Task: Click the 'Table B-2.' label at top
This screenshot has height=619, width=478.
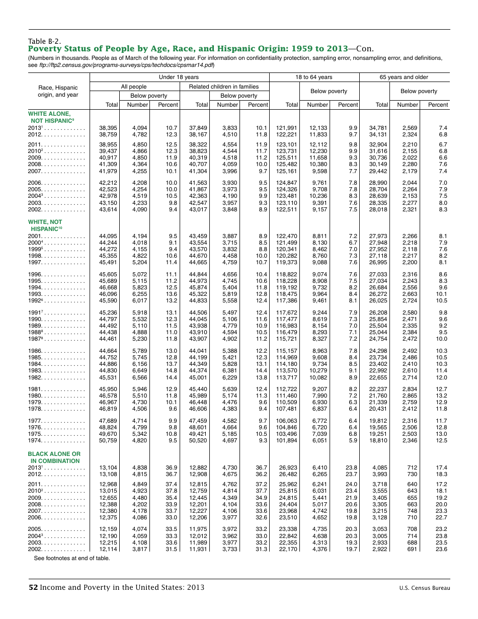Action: (45, 41)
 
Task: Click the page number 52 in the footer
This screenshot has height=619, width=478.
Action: (33, 587)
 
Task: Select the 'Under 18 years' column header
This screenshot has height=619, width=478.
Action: (179, 77)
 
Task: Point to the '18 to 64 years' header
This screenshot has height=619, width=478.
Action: (313, 77)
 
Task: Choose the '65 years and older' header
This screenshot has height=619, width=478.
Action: (404, 77)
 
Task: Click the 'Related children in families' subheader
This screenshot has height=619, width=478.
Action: (223, 87)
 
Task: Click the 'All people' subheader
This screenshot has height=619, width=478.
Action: (134, 87)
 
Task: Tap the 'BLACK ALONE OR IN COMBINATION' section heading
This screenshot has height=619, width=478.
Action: (54, 457)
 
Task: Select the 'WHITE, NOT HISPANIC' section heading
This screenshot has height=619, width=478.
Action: (45, 225)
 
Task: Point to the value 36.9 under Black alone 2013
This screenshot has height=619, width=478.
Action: (171, 467)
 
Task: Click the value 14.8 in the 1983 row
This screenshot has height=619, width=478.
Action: (171, 370)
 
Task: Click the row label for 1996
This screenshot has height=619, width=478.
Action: (55, 274)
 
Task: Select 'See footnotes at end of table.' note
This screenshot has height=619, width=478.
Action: (72, 558)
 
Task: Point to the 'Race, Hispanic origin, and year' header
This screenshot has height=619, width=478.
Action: (58, 91)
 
